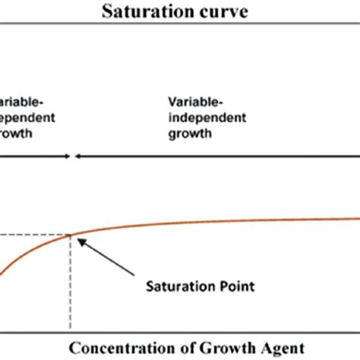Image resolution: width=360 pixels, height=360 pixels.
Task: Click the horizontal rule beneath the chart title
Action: pos(180,27)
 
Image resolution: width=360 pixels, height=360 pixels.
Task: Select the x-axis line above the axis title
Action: pos(180,331)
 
